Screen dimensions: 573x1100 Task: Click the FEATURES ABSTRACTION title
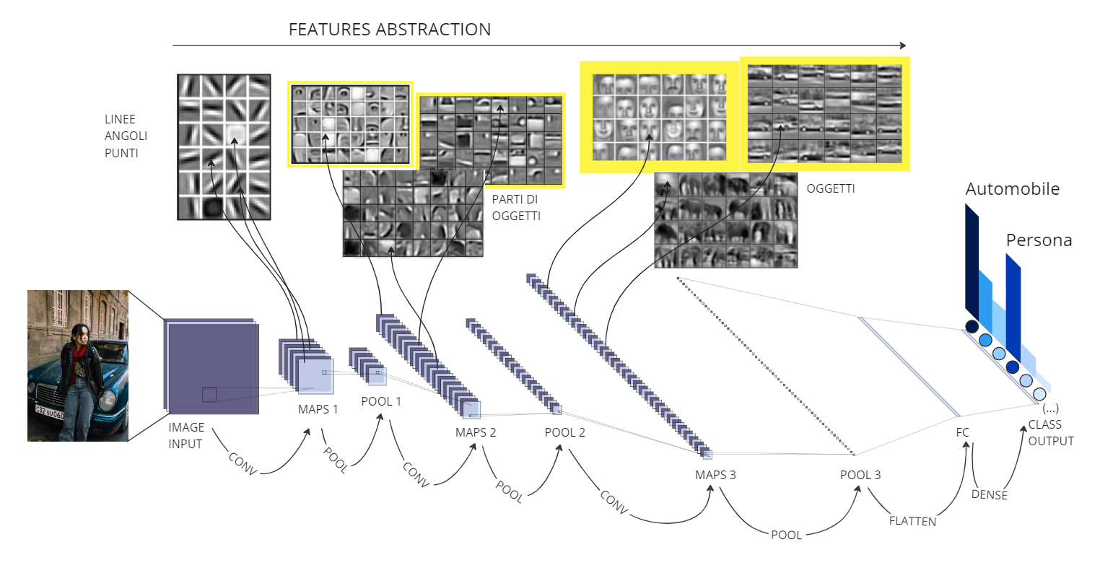click(390, 30)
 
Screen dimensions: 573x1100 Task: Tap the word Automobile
click(1012, 189)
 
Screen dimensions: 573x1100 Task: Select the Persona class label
click(1039, 240)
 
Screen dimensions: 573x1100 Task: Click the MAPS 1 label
click(318, 409)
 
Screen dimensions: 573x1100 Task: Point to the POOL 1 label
click(380, 401)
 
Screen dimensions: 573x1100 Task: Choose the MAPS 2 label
click(475, 432)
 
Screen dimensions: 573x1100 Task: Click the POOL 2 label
click(564, 432)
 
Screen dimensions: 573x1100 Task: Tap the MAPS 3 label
click(715, 475)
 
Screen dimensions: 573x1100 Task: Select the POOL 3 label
click(860, 475)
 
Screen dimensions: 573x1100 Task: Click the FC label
click(962, 432)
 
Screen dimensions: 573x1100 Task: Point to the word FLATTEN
click(912, 521)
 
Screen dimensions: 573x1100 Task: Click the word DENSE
click(989, 495)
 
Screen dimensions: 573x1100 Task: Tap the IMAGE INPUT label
click(186, 435)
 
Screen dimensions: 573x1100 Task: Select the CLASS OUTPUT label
click(1050, 432)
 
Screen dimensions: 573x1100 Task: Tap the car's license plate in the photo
click(49, 414)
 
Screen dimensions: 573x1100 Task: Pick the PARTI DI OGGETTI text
click(516, 207)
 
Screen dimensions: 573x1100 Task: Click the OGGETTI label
click(830, 188)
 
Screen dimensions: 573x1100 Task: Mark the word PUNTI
click(121, 153)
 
